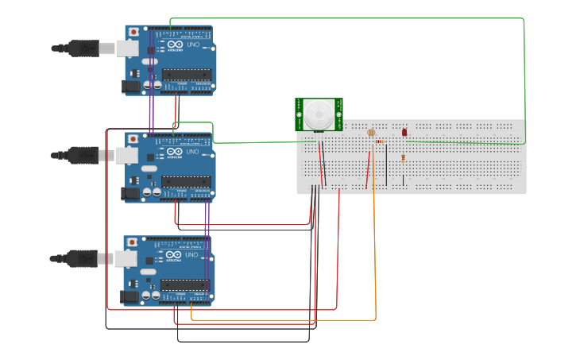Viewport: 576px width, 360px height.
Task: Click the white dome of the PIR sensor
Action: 319,115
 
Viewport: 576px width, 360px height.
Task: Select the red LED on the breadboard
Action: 404,132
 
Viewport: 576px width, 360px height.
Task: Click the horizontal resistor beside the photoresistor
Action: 379,141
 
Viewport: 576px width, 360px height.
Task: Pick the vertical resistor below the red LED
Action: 404,157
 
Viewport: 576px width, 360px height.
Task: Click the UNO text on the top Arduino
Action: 193,45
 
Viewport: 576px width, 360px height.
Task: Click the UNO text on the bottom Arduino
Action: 191,255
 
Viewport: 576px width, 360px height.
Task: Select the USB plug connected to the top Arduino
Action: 83,48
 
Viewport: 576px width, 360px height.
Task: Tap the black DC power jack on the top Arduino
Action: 130,87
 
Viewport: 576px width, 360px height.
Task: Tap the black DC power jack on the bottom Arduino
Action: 129,296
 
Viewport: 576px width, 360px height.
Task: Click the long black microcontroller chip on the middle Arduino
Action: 187,181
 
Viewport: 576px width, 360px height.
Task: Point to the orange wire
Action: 375,262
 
